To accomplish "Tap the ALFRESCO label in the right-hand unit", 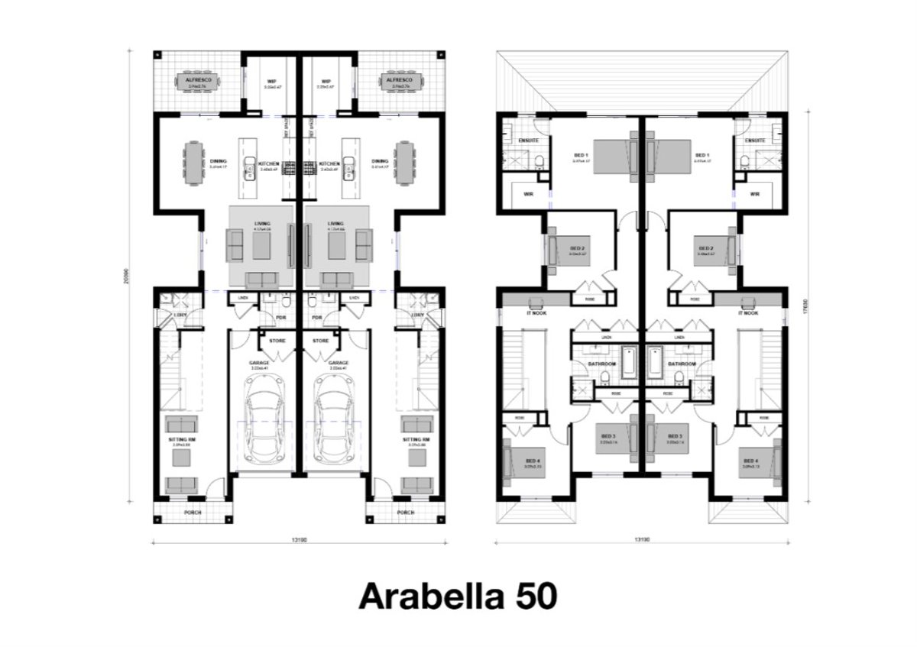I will click(x=398, y=79).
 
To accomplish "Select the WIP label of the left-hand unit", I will click(x=271, y=80).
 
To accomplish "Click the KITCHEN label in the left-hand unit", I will click(x=269, y=163).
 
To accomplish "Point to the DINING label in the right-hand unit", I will click(x=380, y=161).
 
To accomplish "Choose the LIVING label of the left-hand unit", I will click(x=262, y=224).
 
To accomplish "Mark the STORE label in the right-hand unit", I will click(x=322, y=341).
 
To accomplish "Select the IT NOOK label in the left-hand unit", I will click(x=536, y=313).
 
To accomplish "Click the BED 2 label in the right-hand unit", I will click(x=705, y=248).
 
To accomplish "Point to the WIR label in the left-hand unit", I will click(x=527, y=194).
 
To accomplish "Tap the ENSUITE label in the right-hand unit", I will click(x=755, y=141).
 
